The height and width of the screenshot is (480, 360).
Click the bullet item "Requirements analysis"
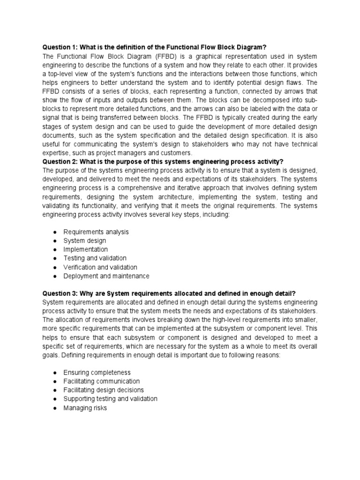pos(96,232)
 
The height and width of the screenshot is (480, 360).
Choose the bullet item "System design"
pos(85,241)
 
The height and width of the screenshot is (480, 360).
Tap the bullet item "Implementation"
pos(85,250)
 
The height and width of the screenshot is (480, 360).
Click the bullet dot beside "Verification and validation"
pos(55,267)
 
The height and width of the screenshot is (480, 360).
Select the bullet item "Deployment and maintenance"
pos(106,276)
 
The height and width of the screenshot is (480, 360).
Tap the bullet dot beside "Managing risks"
pos(55,408)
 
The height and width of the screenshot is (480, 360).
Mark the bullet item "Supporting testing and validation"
pos(110,399)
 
